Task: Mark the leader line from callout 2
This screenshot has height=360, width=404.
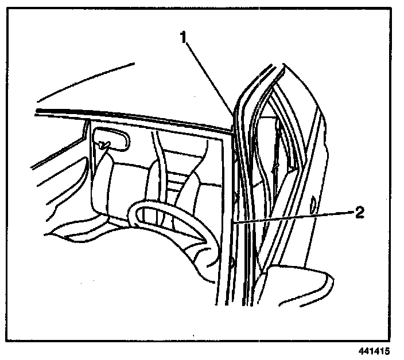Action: (293, 216)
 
